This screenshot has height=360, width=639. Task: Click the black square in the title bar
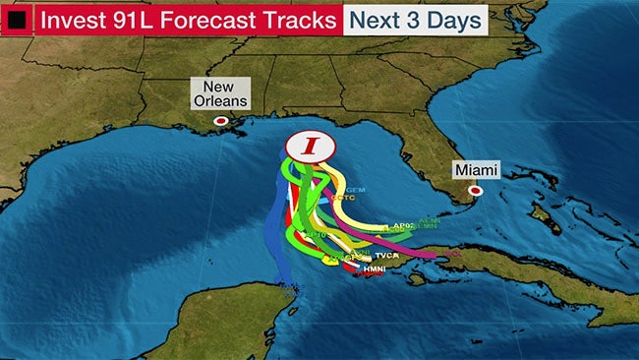17,19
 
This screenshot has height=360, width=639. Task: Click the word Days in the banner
456,19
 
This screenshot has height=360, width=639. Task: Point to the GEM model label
355,188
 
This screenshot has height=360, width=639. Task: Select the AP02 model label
403,225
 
